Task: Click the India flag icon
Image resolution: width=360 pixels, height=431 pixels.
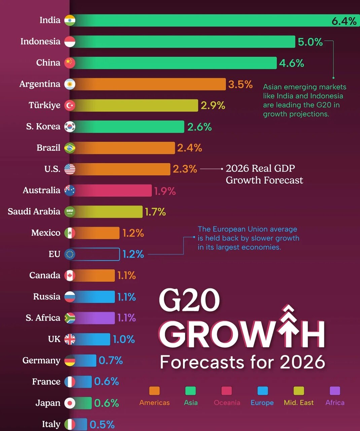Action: [70, 21]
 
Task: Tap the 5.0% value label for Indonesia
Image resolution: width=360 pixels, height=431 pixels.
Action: [310, 42]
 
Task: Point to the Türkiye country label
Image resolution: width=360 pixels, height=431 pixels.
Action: [44, 105]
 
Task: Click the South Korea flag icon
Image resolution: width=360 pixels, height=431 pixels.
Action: [70, 127]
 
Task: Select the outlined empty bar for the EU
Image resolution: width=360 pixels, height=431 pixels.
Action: [95, 254]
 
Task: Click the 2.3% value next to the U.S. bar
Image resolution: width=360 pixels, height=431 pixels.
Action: [185, 169]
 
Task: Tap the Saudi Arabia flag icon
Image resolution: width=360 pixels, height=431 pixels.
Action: [70, 211]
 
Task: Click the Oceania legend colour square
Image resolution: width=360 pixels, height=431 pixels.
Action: [226, 391]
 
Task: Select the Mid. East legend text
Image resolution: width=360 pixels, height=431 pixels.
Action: [298, 402]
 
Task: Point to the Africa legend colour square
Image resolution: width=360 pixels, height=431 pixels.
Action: [335, 391]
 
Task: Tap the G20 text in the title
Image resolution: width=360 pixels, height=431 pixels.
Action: [189, 300]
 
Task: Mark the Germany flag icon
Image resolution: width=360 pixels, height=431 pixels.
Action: [70, 361]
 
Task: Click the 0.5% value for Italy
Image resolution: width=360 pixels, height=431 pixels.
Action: [102, 425]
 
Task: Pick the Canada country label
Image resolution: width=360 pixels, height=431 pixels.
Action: [45, 275]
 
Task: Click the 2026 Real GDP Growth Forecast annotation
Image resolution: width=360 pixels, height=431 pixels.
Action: [264, 174]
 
